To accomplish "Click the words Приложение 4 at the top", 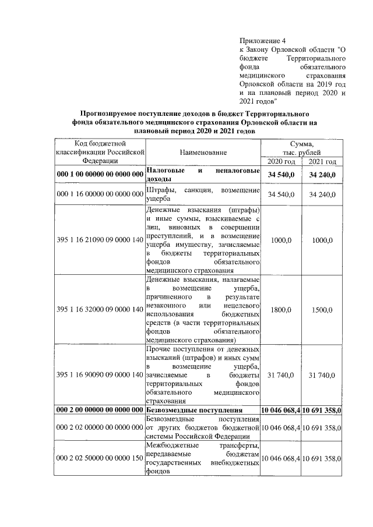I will tap(263, 41).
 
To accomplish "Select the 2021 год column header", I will tap(322, 161).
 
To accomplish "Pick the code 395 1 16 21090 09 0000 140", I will tap(100, 239).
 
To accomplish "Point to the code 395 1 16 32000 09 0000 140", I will tap(100, 309).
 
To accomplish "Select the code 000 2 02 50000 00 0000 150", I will tap(100, 459).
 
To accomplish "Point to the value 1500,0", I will tap(322, 309).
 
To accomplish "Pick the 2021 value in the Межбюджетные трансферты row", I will tap(322, 459).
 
